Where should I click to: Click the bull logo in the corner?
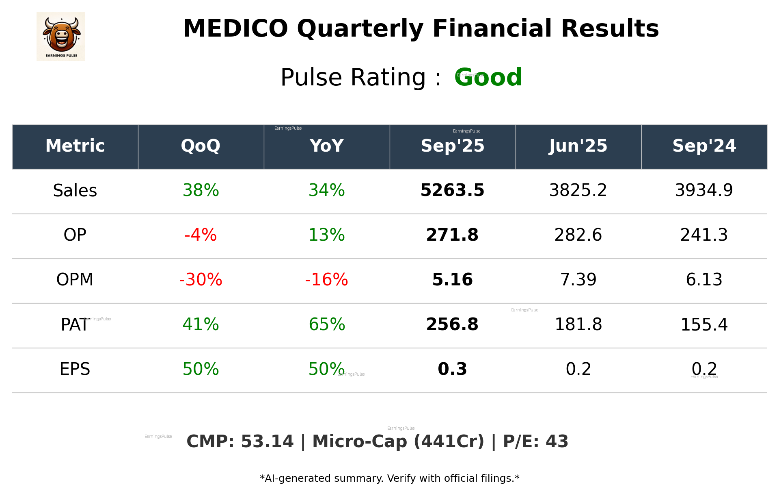[61, 37]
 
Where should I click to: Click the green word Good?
[488, 77]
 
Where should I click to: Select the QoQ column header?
[201, 146]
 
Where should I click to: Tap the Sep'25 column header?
[452, 146]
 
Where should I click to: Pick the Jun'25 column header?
[578, 146]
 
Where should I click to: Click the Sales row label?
[75, 191]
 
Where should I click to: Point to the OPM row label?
[75, 280]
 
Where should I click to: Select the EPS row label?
[75, 370]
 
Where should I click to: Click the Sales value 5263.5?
[452, 191]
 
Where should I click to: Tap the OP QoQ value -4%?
[201, 235]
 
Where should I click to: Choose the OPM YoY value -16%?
[326, 280]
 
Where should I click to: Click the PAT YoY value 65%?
[326, 325]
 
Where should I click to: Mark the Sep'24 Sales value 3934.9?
[704, 191]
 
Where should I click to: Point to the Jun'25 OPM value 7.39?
[578, 280]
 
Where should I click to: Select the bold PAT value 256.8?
[452, 325]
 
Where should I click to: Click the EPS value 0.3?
[452, 370]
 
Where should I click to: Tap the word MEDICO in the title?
[235, 29]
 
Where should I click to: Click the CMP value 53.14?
[267, 442]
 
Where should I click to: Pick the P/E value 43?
[557, 442]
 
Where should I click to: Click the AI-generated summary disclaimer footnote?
[389, 479]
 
